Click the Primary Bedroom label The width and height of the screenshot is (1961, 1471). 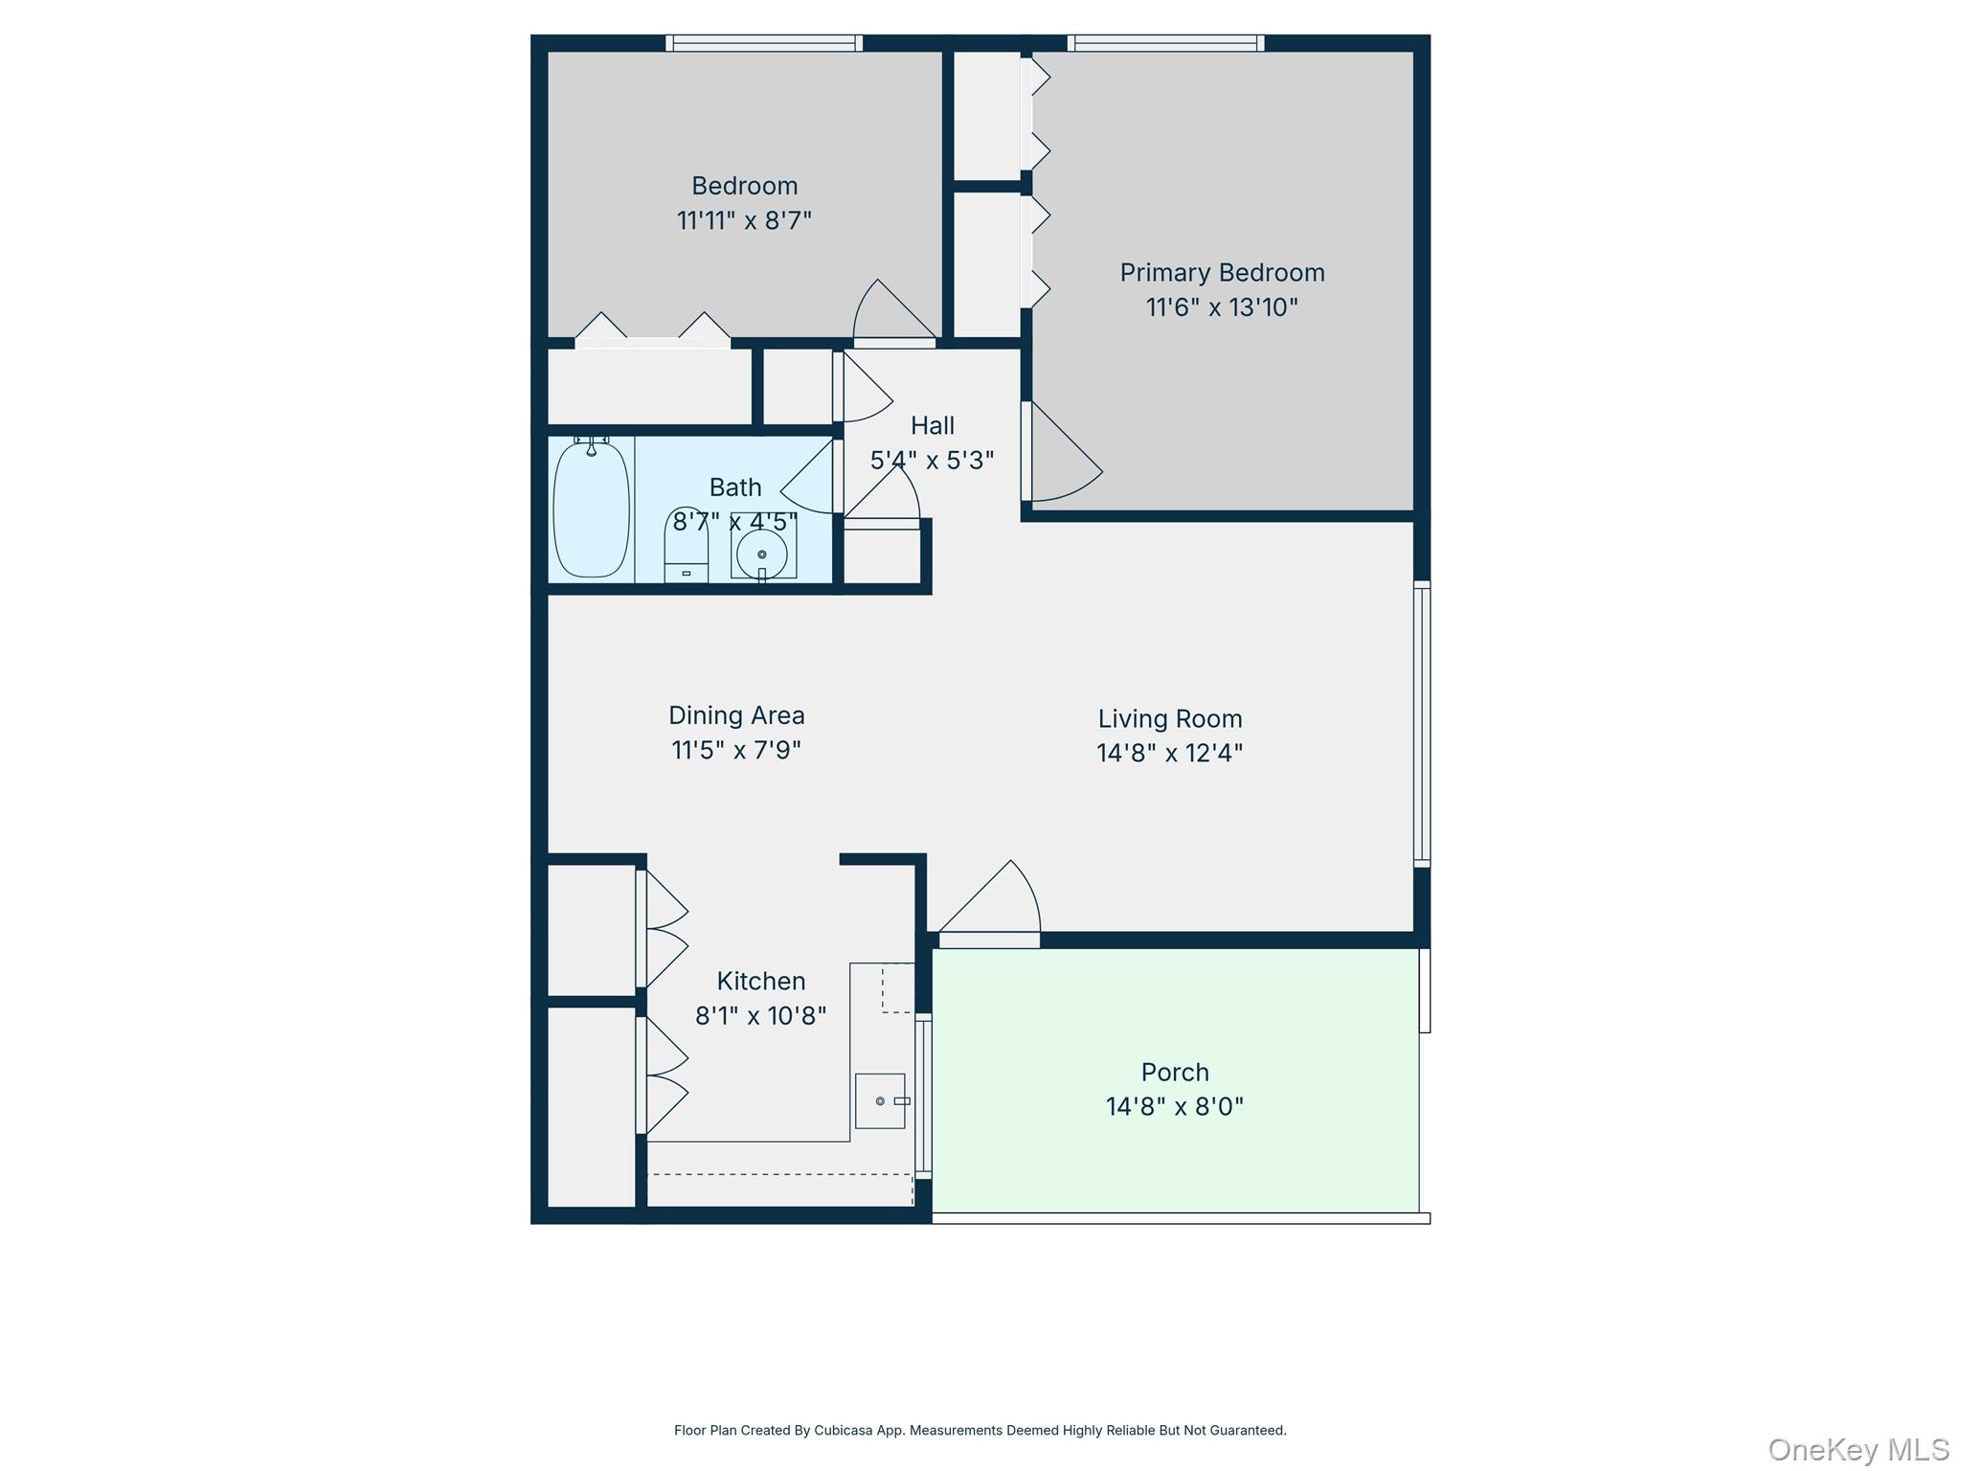pyautogui.click(x=1222, y=273)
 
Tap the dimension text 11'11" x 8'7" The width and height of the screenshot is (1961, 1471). pyautogui.click(x=744, y=221)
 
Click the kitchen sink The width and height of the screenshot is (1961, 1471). pyautogui.click(x=880, y=1100)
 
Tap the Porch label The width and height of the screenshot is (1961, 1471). pyautogui.click(x=1175, y=1072)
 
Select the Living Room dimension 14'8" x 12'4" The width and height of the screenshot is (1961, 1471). pyautogui.click(x=1169, y=754)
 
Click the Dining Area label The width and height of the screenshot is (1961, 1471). pyautogui.click(x=736, y=715)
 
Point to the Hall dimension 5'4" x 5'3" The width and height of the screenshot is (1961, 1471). pyautogui.click(x=932, y=461)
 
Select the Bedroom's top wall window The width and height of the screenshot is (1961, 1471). pyautogui.click(x=763, y=43)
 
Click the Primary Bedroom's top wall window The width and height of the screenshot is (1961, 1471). pyautogui.click(x=1165, y=43)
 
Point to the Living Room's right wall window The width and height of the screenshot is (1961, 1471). pyautogui.click(x=1422, y=724)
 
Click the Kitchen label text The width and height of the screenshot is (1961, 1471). pyautogui.click(x=761, y=981)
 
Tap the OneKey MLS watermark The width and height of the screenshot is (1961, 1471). pyautogui.click(x=1858, y=1450)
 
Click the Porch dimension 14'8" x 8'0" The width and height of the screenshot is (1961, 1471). pyautogui.click(x=1175, y=1107)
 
